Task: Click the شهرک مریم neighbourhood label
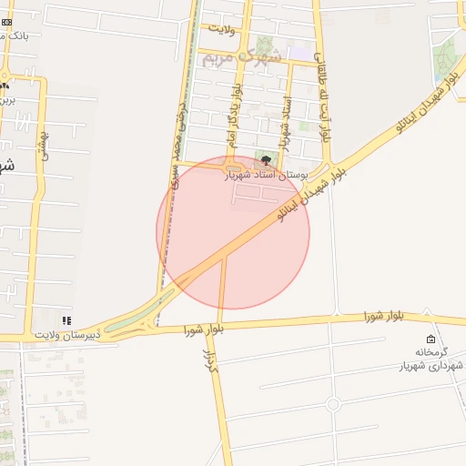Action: pyautogui.click(x=238, y=57)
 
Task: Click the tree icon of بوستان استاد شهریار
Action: pyautogui.click(x=265, y=161)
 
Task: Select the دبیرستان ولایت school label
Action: pyautogui.click(x=65, y=335)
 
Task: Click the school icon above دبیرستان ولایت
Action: pyautogui.click(x=65, y=321)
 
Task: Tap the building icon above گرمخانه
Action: pyautogui.click(x=431, y=339)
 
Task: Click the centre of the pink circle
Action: pyautogui.click(x=233, y=233)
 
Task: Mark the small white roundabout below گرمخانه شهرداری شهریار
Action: pyautogui.click(x=333, y=403)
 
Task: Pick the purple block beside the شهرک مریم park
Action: pyautogui.click(x=297, y=53)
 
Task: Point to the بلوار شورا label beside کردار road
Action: pyautogui.click(x=204, y=329)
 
